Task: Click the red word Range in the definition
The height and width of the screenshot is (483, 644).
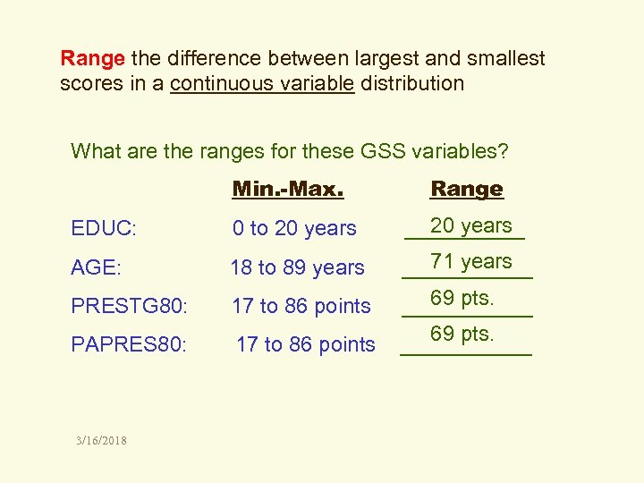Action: coord(92,59)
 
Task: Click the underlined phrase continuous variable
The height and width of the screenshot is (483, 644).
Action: coord(262,84)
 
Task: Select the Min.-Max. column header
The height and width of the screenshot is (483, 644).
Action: coord(288,189)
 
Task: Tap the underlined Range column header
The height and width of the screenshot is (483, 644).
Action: coord(467,189)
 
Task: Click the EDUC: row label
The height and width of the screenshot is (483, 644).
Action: coord(104,229)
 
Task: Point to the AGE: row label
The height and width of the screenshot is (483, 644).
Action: coord(96,267)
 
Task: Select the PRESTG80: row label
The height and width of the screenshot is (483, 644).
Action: coord(130,306)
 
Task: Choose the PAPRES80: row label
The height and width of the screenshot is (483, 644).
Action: coord(129,344)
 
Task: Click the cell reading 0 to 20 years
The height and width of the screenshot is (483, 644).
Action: coord(294,229)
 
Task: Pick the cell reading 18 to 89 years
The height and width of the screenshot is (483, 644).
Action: coord(297,267)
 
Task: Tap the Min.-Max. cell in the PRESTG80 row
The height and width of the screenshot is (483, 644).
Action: coord(301,306)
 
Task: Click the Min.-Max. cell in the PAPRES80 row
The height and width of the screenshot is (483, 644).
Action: coord(305,344)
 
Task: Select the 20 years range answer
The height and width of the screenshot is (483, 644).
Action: coord(470,226)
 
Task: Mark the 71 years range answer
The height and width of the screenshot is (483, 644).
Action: coord(470,262)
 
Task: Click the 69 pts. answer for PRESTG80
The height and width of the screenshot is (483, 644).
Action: coord(462,298)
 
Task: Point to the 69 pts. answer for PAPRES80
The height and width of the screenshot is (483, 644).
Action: coord(462,334)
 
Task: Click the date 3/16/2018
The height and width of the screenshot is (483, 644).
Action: coord(102,440)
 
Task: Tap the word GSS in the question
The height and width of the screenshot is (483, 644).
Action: coord(385,151)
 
